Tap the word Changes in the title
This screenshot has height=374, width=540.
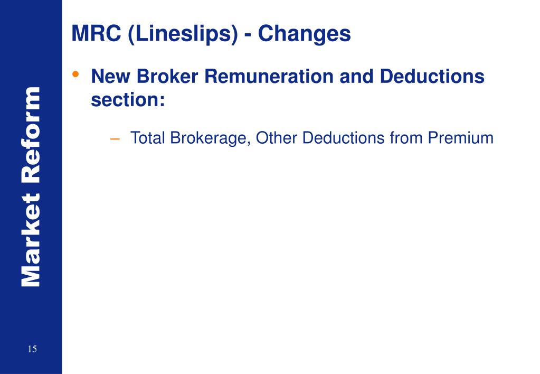(x=305, y=34)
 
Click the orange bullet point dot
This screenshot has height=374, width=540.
(x=77, y=74)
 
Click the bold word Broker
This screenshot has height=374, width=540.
(x=168, y=77)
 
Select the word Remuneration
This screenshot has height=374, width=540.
(x=270, y=77)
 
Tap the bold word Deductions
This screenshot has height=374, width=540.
(x=432, y=77)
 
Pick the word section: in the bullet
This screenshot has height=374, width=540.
(x=128, y=99)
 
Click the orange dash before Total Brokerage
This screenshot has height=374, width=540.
(x=115, y=138)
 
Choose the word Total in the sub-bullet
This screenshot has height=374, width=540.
(x=148, y=138)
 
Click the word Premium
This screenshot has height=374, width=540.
(x=460, y=138)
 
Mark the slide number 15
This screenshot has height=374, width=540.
(x=32, y=349)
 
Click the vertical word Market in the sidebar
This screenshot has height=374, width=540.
(x=31, y=245)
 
